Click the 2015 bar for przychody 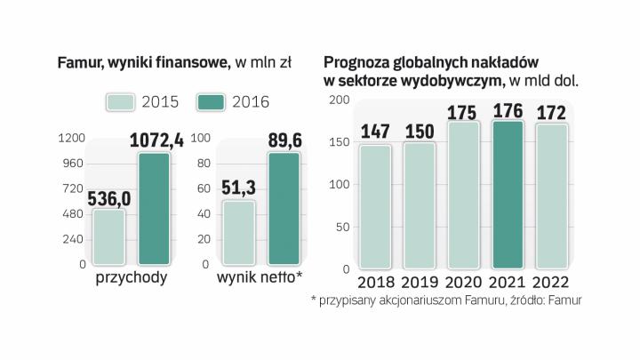[x=109, y=236]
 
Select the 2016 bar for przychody [x=155, y=209]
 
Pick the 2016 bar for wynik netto [x=284, y=209]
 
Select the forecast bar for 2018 [x=375, y=206]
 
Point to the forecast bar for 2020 [x=464, y=195]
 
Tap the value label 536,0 [x=108, y=197]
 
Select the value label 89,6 [x=285, y=140]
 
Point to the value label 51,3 [x=238, y=188]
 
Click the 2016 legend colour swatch [x=211, y=101]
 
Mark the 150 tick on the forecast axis [x=340, y=141]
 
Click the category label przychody [x=132, y=278]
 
